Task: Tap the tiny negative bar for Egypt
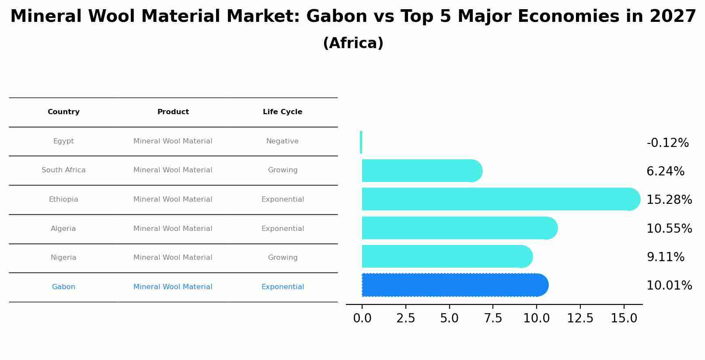(x=361, y=142)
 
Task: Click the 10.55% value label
(x=669, y=229)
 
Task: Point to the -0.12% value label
(x=667, y=143)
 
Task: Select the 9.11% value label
(x=665, y=257)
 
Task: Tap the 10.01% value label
(x=669, y=286)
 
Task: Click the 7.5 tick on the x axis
(x=493, y=318)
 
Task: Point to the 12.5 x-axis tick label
(x=580, y=318)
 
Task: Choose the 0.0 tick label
(x=362, y=318)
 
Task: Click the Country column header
(x=63, y=112)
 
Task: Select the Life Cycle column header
(x=283, y=112)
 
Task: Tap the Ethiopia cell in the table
(x=63, y=199)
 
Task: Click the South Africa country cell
(x=63, y=170)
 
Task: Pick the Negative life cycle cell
(x=283, y=141)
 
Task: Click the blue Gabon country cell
(x=63, y=287)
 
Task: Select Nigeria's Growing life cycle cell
(x=283, y=258)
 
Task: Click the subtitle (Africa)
(x=353, y=43)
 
